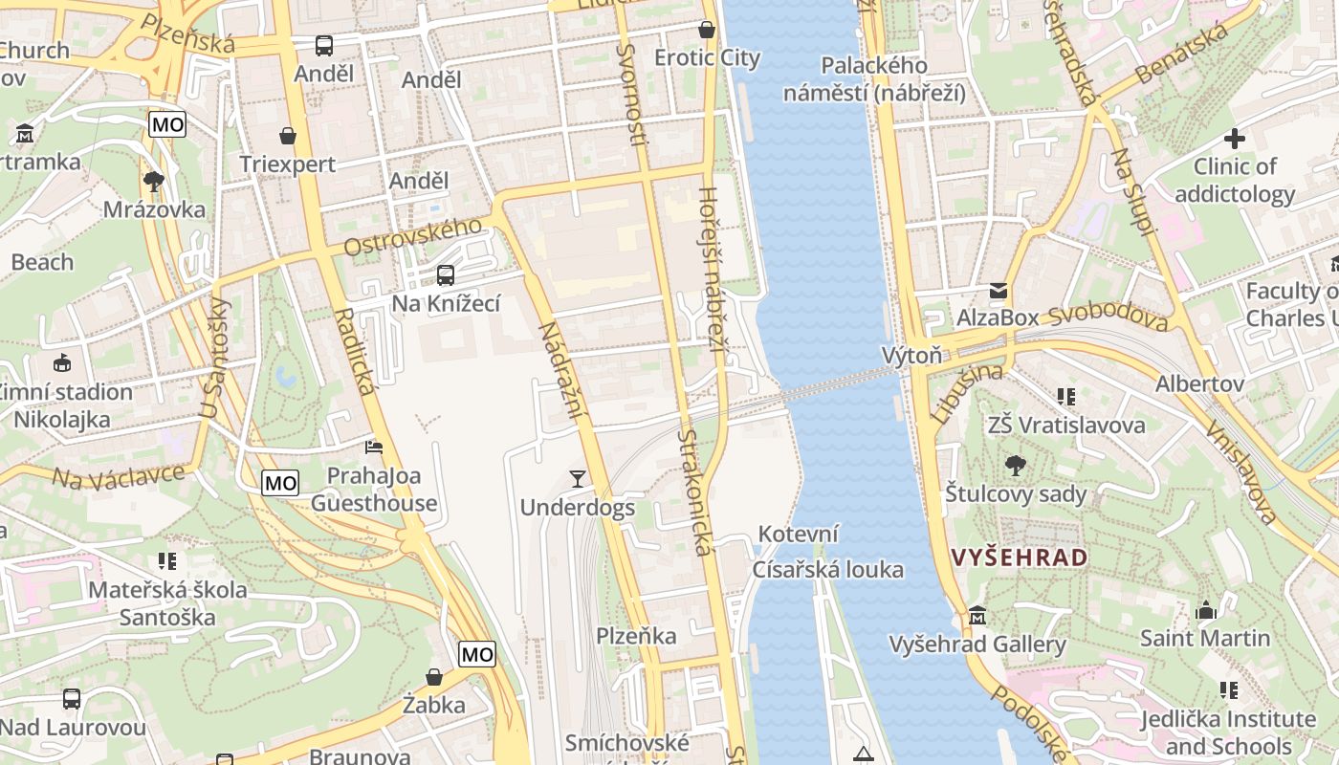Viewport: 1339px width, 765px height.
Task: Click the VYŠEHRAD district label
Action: [1019, 557]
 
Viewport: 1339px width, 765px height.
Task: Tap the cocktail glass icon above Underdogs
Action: [578, 478]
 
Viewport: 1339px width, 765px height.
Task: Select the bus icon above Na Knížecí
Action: [446, 275]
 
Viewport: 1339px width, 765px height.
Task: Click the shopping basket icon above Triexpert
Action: [288, 137]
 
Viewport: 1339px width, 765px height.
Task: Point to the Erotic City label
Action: [707, 58]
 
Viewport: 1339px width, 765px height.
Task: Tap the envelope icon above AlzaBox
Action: [999, 290]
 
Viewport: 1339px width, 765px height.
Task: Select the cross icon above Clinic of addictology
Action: [1235, 139]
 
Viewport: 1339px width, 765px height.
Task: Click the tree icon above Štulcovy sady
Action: [1016, 466]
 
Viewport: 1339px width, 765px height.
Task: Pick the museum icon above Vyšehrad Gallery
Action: [977, 616]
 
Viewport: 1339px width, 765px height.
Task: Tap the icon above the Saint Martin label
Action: [1206, 610]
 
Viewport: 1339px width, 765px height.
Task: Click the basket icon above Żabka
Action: [434, 677]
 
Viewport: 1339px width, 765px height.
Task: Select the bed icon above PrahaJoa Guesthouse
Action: [374, 447]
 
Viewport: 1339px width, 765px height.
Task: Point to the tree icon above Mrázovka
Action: [153, 181]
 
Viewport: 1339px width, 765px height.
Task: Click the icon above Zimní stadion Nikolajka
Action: [63, 363]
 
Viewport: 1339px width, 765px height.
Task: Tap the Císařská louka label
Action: [827, 570]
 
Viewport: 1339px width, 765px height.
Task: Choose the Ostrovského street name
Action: [412, 236]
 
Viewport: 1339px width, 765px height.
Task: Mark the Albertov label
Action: [1199, 383]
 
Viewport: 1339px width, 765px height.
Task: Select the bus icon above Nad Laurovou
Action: [72, 699]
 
